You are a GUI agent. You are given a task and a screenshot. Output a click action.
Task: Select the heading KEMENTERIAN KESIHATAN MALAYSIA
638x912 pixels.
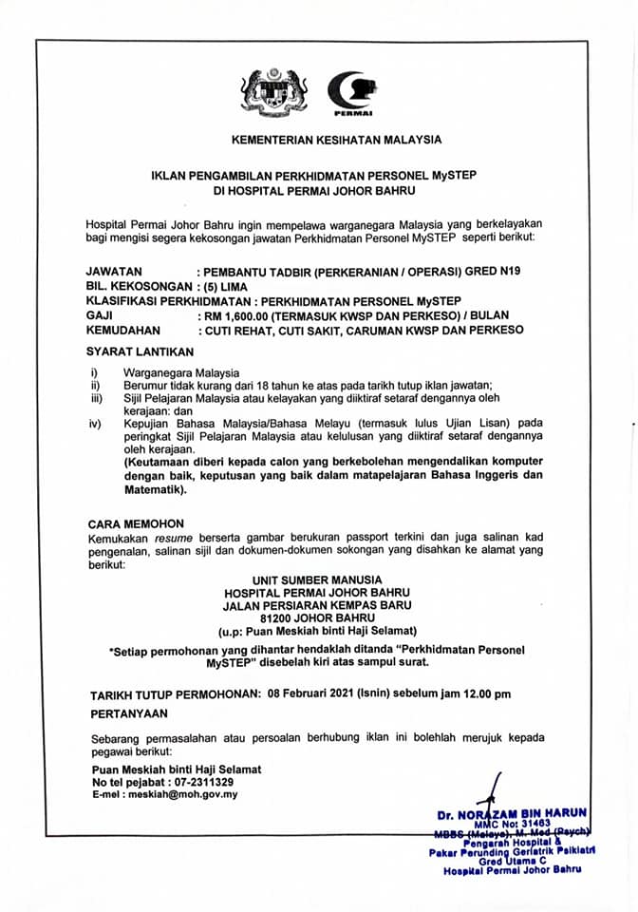click(x=337, y=140)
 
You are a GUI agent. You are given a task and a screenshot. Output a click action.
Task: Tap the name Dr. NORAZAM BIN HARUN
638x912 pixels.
click(x=512, y=814)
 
